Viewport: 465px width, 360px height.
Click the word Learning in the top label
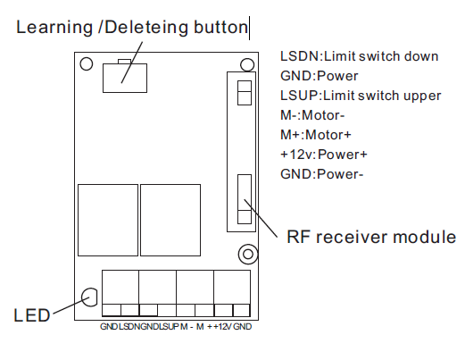54,28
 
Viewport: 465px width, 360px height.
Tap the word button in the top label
220,27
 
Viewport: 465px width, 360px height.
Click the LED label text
32,315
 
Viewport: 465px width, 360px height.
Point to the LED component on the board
89,297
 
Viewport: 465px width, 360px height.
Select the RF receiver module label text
371,237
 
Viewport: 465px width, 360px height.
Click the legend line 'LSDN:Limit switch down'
360,56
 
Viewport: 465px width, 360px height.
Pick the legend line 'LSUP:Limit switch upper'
361,96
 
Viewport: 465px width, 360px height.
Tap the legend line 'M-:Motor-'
312,115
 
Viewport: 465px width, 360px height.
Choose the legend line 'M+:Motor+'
316,135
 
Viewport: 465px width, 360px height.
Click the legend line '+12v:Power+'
324,155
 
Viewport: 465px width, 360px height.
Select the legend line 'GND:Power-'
322,174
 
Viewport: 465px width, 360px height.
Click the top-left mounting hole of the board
87,63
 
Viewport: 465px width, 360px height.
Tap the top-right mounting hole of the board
247,65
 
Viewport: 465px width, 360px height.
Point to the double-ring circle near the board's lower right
248,254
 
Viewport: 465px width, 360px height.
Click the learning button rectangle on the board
125,78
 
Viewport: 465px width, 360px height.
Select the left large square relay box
108,220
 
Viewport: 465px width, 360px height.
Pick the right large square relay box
170,220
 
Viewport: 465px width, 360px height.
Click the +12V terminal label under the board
222,327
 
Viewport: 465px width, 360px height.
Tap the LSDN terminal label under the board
129,327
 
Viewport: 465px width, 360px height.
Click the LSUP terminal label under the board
169,327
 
